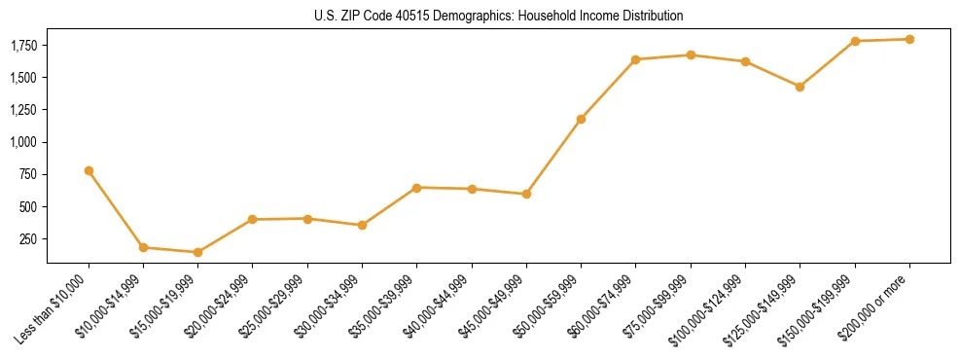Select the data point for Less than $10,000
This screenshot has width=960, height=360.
(x=89, y=170)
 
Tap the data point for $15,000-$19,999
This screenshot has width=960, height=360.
(x=198, y=252)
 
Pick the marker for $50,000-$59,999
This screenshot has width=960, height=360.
(x=581, y=119)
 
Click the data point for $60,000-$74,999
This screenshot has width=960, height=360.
(x=635, y=59)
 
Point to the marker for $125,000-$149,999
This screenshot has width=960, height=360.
(x=800, y=87)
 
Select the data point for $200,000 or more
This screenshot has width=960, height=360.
(x=909, y=39)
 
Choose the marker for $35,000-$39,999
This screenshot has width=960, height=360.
(x=416, y=187)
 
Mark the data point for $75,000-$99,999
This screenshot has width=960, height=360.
(x=691, y=54)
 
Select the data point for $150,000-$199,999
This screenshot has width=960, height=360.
(x=855, y=41)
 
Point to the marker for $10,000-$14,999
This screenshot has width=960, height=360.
(x=143, y=247)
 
